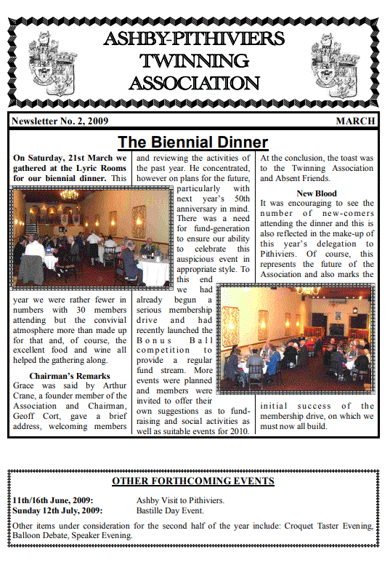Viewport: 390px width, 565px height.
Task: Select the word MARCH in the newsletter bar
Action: (355, 121)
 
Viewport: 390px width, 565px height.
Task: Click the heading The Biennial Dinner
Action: (193, 142)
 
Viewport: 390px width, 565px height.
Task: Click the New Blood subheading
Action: (317, 193)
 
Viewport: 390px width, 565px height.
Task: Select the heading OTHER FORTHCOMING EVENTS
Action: (193, 481)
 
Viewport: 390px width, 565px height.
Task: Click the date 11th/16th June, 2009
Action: (52, 500)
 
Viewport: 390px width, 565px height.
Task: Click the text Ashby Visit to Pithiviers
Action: (180, 500)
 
